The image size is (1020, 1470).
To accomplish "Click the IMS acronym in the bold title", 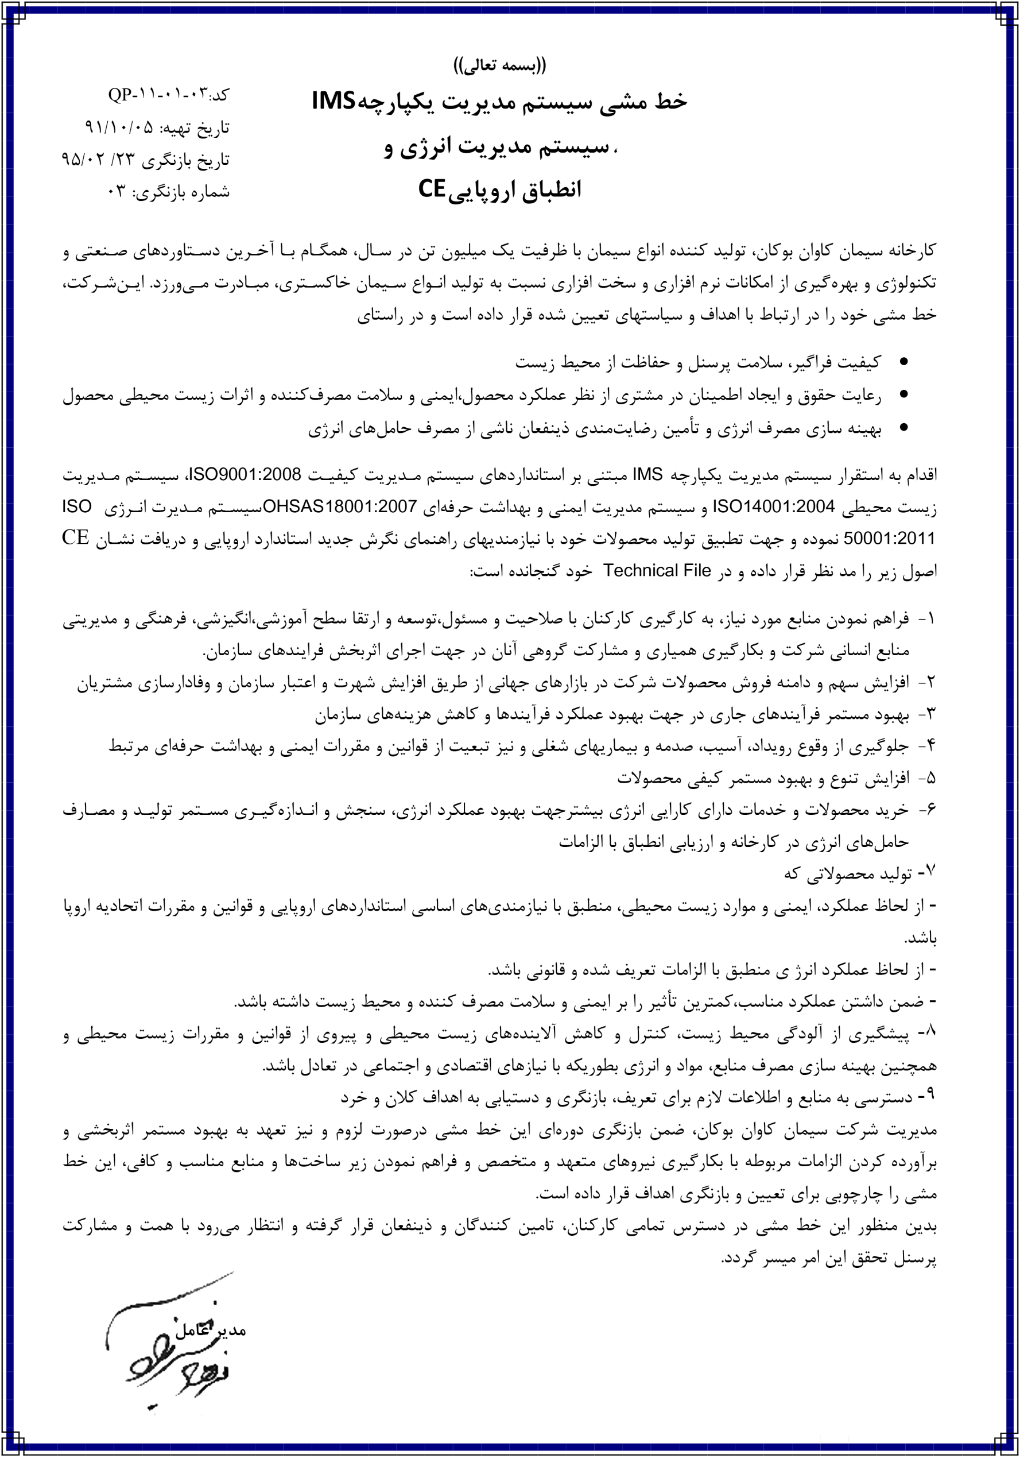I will [333, 101].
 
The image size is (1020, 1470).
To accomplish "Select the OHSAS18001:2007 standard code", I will [340, 506].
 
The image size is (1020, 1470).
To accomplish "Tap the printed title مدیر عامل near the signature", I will [211, 1329].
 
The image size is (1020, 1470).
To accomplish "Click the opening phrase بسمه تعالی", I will [500, 65].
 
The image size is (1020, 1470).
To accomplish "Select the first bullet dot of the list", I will [903, 362].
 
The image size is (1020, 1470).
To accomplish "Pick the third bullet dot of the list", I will [903, 428].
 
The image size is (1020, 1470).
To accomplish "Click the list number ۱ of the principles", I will [930, 619].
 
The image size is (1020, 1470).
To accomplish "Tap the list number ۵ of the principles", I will [930, 778].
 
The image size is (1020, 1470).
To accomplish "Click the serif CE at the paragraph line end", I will [75, 537].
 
